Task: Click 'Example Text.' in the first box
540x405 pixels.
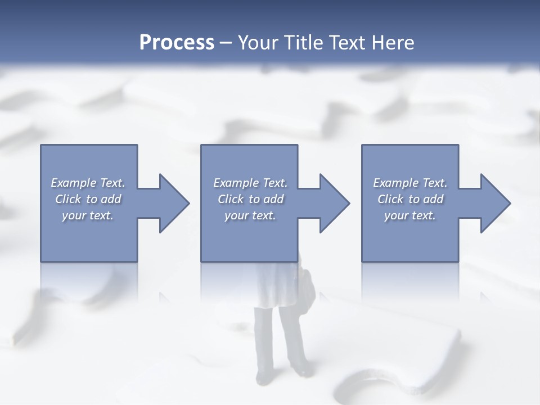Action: point(88,183)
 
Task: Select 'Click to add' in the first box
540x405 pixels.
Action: point(88,199)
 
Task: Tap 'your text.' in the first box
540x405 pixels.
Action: point(88,215)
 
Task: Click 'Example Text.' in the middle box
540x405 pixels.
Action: point(250,183)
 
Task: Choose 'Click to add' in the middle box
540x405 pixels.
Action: point(250,199)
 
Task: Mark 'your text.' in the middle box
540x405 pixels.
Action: point(250,215)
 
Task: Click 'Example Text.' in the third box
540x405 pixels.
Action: point(410,183)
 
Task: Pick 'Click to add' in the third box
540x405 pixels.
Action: point(410,199)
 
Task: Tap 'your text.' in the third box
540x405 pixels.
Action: point(410,215)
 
